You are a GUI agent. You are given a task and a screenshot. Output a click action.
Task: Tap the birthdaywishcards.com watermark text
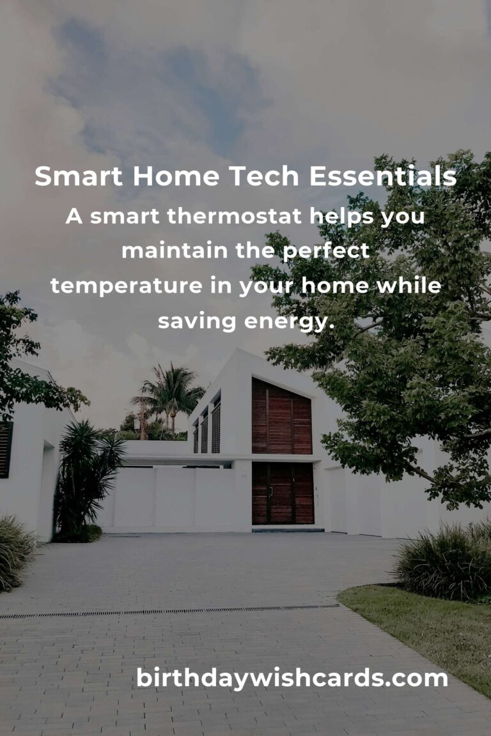tap(292, 678)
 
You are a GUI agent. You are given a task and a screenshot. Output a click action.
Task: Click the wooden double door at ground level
tap(282, 493)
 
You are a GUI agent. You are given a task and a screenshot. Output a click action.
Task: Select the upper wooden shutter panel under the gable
tap(281, 417)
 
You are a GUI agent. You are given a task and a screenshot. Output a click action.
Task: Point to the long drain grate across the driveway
tap(169, 611)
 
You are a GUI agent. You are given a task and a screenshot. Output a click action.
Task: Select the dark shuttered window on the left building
tap(6, 449)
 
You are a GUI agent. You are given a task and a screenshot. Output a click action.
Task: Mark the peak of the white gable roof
tap(238, 351)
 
